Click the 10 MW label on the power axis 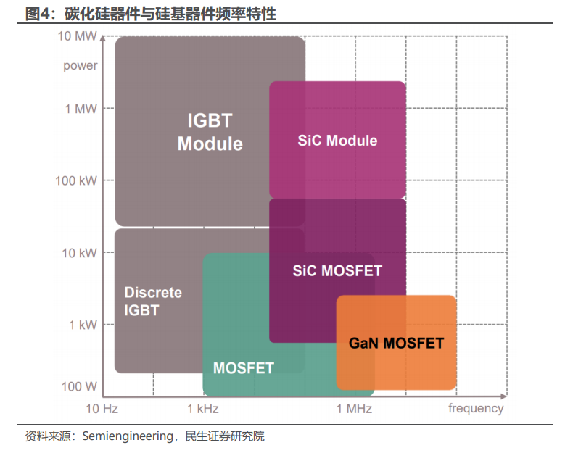click(78, 36)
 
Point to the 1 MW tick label click(81, 109)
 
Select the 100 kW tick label click(76, 180)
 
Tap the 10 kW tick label click(79, 253)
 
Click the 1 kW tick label click(83, 325)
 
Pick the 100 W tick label click(79, 387)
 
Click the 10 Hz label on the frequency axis click(102, 409)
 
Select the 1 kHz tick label click(203, 409)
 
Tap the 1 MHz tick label click(354, 409)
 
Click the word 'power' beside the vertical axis click(81, 66)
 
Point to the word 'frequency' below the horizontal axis click(476, 409)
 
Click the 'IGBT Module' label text click(210, 132)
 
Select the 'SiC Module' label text click(338, 141)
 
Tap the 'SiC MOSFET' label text click(337, 271)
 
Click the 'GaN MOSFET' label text click(396, 343)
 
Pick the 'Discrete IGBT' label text click(153, 302)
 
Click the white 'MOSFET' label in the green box click(244, 368)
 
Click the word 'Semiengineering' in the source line click(128, 436)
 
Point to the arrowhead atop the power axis click(103, 38)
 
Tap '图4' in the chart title click(37, 14)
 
